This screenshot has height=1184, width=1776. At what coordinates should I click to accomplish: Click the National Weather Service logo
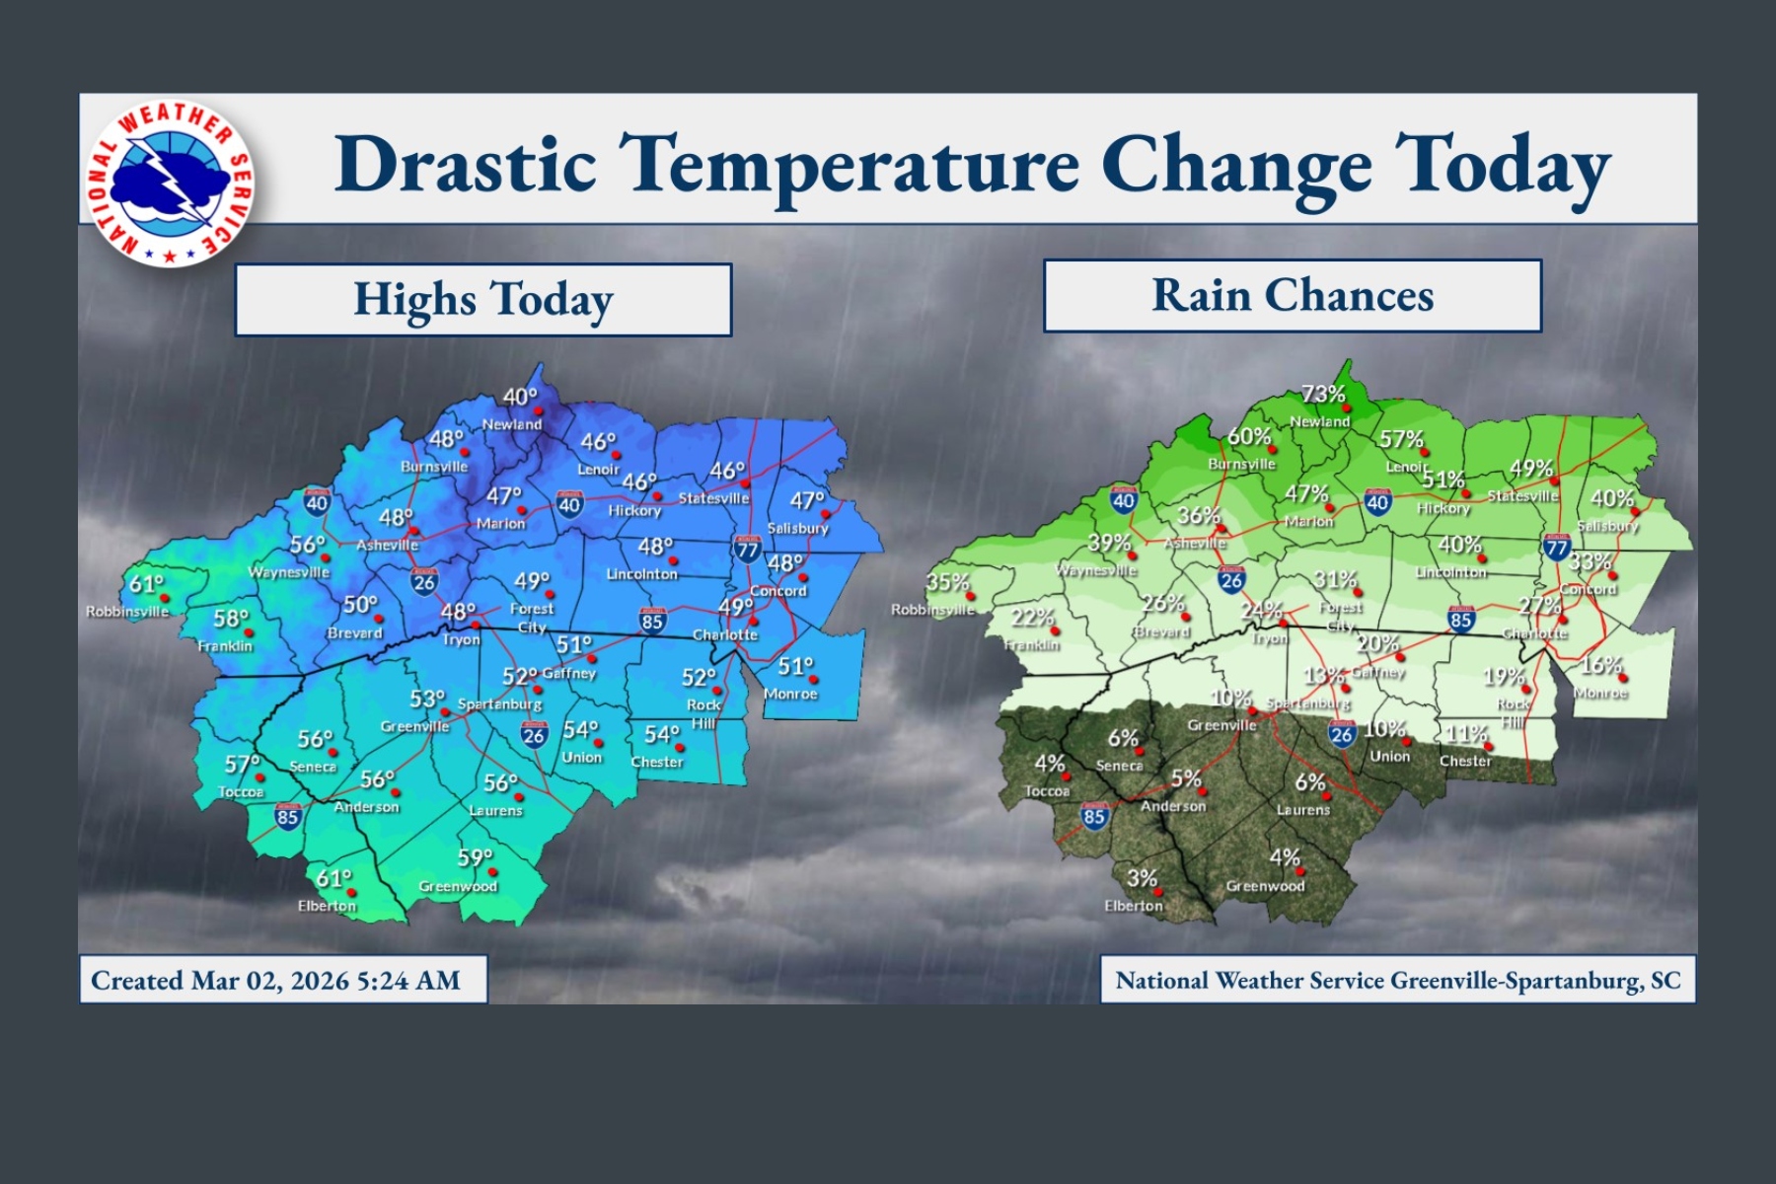pos(171,185)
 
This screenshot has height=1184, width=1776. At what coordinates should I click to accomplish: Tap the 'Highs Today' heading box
pos(483,300)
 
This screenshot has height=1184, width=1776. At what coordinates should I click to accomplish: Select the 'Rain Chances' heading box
pos(1293,295)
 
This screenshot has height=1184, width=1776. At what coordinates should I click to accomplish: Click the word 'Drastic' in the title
pos(465,164)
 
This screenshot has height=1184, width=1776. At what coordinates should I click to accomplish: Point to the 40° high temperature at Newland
pos(520,397)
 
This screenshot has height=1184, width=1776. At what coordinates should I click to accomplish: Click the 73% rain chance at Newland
pos(1323,395)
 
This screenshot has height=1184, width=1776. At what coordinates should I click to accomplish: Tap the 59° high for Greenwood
pos(475,857)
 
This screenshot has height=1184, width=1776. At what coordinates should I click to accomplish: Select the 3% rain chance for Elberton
pos(1142,878)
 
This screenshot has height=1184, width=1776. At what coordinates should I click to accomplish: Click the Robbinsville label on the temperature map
pos(127,612)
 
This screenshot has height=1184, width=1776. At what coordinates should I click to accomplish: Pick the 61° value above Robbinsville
pos(146,584)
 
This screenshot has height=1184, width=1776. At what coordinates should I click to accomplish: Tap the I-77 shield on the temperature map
pos(747,549)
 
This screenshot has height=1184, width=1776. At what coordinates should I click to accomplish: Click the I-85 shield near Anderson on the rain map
pos(1094,816)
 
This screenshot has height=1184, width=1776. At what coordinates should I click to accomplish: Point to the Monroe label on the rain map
pos(1600,694)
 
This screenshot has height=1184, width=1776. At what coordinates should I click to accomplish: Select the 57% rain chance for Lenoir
pos(1401,440)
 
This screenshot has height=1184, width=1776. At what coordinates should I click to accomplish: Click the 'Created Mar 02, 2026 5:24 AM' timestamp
pos(275,981)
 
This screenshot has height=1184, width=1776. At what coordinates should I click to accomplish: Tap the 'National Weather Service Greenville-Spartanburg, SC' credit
pos(1397,981)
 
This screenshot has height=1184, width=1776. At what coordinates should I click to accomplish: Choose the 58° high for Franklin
pos(231,619)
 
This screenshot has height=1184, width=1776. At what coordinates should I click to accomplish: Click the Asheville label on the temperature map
pos(387,545)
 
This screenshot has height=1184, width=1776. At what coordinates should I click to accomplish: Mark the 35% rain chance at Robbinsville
pos(947,582)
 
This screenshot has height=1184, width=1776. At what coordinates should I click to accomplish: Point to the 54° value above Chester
pos(662,735)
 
